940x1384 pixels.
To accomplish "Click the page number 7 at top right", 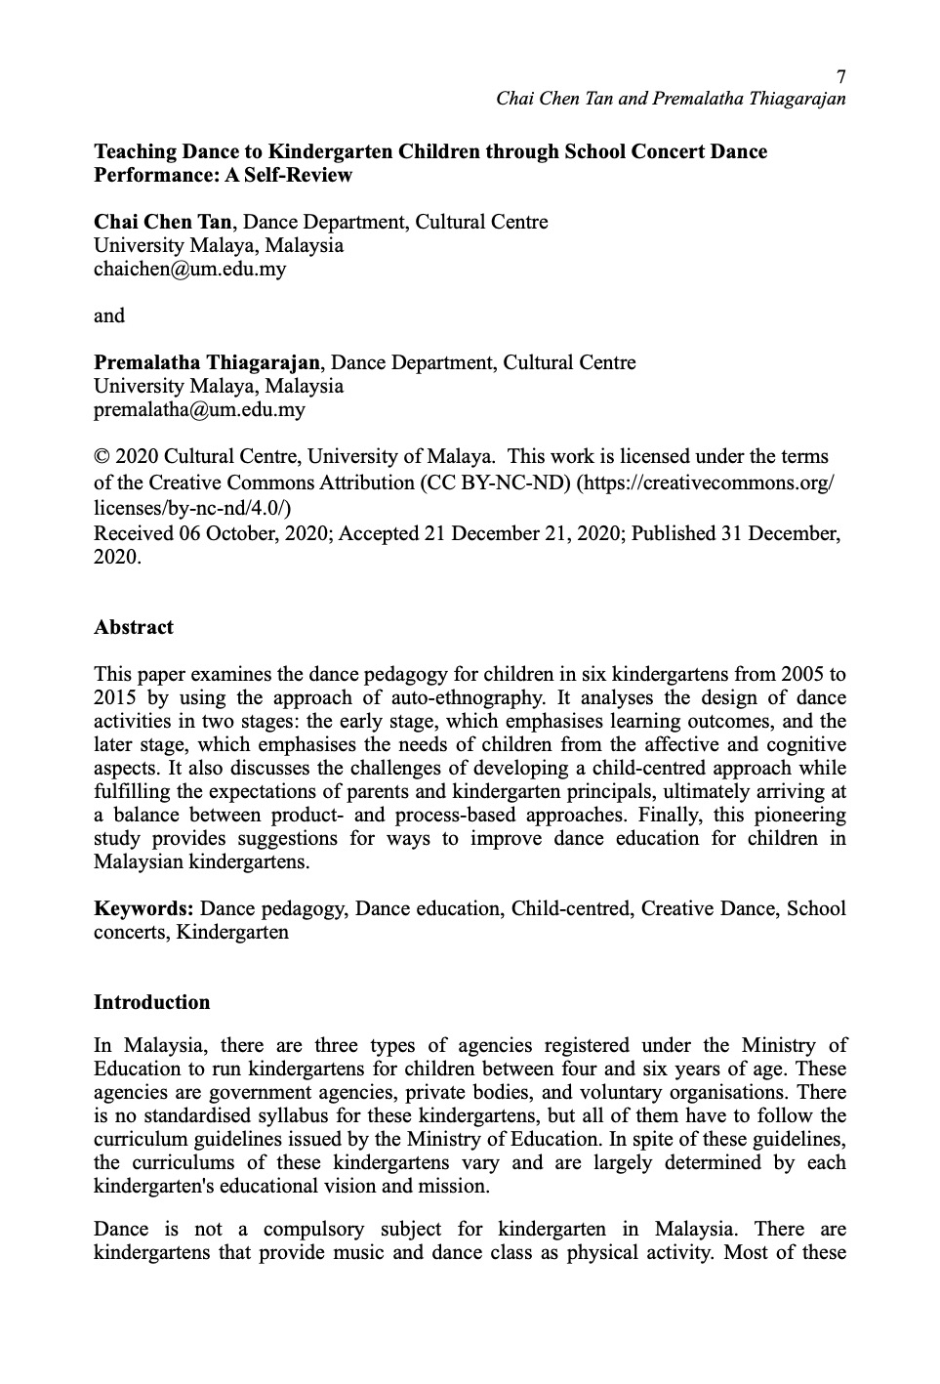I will pyautogui.click(x=841, y=77).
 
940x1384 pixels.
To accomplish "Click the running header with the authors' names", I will pyautogui.click(x=671, y=99).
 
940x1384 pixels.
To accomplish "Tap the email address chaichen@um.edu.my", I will pyautogui.click(x=190, y=270).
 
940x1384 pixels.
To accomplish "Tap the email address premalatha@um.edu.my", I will pyautogui.click(x=199, y=410).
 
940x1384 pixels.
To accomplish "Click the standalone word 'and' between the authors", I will pyautogui.click(x=109, y=315).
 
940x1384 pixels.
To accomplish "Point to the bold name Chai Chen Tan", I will pyautogui.click(x=163, y=223).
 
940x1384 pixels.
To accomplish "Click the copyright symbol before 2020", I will pyautogui.click(x=102, y=457).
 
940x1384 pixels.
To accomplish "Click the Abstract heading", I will pyautogui.click(x=134, y=628).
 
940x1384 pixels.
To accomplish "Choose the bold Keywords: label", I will pyautogui.click(x=143, y=909).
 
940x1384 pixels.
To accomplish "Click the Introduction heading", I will pyautogui.click(x=151, y=1003).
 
